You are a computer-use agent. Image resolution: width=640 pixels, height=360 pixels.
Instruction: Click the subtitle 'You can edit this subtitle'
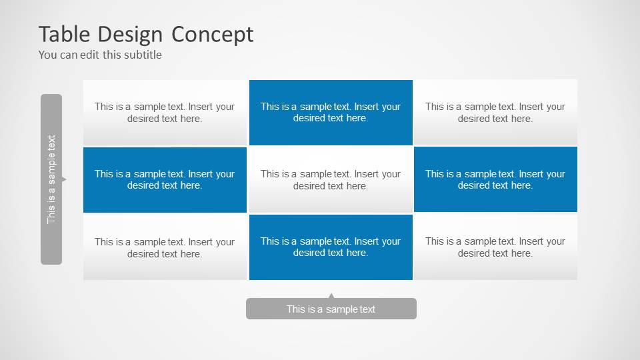100,55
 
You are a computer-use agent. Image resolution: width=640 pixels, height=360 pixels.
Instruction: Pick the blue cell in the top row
331,112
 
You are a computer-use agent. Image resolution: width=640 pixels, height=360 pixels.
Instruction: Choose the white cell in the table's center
331,179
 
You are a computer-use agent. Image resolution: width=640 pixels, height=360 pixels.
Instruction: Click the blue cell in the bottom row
331,247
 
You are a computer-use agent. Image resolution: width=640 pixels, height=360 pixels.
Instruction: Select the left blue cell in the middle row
165,179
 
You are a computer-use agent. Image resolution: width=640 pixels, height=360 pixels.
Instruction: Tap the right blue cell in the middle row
495,179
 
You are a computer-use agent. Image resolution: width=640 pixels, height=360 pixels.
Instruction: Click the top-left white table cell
165,112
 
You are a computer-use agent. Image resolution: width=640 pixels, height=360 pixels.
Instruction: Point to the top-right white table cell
495,112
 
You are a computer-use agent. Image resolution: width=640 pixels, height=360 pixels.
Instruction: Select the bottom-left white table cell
165,247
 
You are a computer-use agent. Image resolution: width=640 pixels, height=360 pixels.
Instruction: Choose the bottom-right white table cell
495,247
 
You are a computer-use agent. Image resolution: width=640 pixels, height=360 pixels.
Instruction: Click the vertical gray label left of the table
51,179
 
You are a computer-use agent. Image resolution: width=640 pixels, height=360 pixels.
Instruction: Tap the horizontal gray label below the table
331,309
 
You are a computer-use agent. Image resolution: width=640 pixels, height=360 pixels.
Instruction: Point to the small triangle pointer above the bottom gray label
331,295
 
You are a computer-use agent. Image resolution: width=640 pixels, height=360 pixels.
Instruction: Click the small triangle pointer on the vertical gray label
64,179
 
